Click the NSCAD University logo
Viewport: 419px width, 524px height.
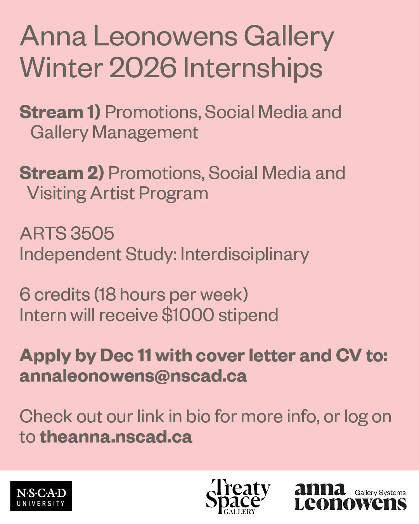click(x=41, y=496)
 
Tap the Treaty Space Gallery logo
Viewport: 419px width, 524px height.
click(x=238, y=496)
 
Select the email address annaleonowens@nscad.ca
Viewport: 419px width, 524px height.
click(x=133, y=376)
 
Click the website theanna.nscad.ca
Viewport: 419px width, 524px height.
click(x=116, y=437)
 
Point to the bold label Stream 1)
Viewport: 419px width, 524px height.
click(x=60, y=112)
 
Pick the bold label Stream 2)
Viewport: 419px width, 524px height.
click(x=62, y=173)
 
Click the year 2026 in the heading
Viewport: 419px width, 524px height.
click(x=142, y=68)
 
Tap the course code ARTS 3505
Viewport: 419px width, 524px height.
click(x=67, y=234)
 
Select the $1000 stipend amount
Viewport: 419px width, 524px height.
click(x=187, y=315)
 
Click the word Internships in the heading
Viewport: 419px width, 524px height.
click(x=253, y=68)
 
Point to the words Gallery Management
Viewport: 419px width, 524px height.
click(x=114, y=132)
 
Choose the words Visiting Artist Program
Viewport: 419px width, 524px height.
click(x=118, y=193)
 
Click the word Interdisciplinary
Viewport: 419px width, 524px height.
click(x=244, y=254)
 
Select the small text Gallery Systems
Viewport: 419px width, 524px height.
click(x=380, y=493)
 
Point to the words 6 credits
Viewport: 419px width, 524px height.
click(x=55, y=295)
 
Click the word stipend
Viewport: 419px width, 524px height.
click(x=248, y=315)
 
